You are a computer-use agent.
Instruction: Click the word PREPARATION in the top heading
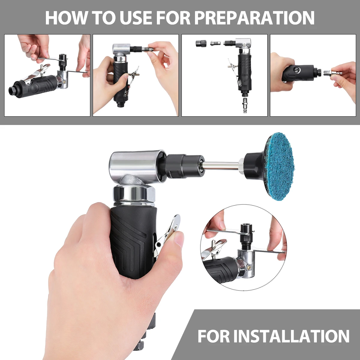click(254, 18)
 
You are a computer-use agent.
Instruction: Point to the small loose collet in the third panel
click(215, 44)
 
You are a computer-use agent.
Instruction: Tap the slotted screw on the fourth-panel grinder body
click(297, 70)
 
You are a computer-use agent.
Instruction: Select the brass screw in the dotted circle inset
click(249, 267)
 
